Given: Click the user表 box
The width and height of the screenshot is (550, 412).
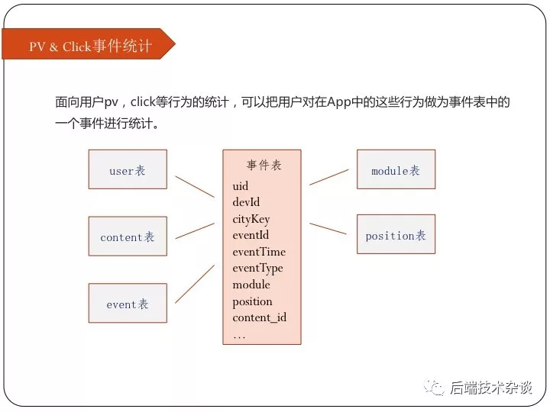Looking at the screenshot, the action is [x=128, y=169].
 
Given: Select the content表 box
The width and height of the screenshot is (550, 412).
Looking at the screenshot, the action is [x=128, y=236].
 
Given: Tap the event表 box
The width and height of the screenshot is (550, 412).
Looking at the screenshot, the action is [x=128, y=303].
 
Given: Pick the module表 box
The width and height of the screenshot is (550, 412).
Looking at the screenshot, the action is [x=396, y=169].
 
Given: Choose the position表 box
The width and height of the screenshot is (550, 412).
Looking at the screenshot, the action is [x=396, y=234].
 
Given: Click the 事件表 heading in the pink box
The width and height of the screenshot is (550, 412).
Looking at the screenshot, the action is [x=264, y=165].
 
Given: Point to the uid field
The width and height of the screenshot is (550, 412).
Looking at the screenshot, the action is [x=241, y=185].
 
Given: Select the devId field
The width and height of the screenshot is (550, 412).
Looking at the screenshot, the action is [x=246, y=202].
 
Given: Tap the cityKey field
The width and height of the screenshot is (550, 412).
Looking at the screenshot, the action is [x=251, y=219].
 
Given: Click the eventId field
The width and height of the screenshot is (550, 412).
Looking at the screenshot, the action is [x=251, y=235].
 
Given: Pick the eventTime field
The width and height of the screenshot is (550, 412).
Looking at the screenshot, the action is [x=259, y=252].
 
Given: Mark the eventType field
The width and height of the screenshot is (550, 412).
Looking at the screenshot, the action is [x=258, y=269].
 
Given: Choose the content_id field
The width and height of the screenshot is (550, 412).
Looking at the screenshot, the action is [x=260, y=317].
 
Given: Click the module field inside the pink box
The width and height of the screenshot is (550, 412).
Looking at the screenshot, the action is [x=251, y=285].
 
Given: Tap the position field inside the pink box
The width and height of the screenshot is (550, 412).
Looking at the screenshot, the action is [x=253, y=302].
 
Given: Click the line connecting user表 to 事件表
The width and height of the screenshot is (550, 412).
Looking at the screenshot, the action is [x=195, y=187].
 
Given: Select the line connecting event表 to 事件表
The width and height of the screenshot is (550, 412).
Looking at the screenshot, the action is [x=195, y=284].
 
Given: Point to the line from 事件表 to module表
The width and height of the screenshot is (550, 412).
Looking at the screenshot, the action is [x=329, y=177].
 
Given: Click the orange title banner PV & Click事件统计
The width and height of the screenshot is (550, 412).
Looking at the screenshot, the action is [x=89, y=44].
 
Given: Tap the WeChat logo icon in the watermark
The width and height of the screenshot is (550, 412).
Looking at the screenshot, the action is [x=434, y=388].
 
